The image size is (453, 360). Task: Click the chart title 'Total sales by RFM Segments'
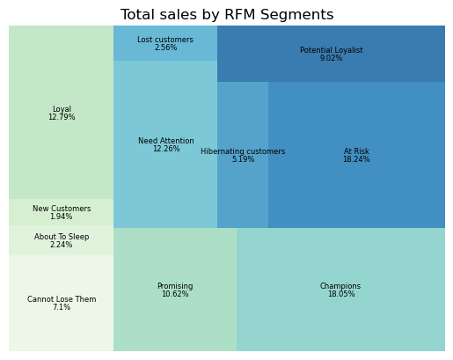click(227, 15)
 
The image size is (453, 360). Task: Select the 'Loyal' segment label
click(62, 109)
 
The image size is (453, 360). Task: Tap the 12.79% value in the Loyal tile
click(62, 117)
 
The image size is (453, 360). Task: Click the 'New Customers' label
click(62, 209)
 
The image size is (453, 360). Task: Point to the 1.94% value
click(62, 217)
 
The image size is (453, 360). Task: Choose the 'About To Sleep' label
click(62, 237)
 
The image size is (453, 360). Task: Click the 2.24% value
click(62, 245)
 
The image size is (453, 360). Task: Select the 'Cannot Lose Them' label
click(62, 299)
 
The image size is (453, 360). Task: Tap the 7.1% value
click(62, 307)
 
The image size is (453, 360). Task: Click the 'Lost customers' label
click(165, 40)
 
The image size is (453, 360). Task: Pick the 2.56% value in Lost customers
click(165, 48)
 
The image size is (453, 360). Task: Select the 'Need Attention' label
click(166, 141)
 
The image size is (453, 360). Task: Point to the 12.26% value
click(166, 149)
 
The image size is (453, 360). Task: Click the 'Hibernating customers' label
click(243, 151)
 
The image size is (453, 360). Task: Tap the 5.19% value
click(243, 159)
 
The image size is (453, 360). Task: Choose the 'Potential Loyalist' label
click(331, 50)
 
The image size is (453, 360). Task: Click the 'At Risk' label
click(356, 151)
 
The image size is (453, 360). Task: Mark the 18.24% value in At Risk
click(356, 159)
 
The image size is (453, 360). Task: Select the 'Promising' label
click(175, 286)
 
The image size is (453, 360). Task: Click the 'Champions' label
click(340, 286)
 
